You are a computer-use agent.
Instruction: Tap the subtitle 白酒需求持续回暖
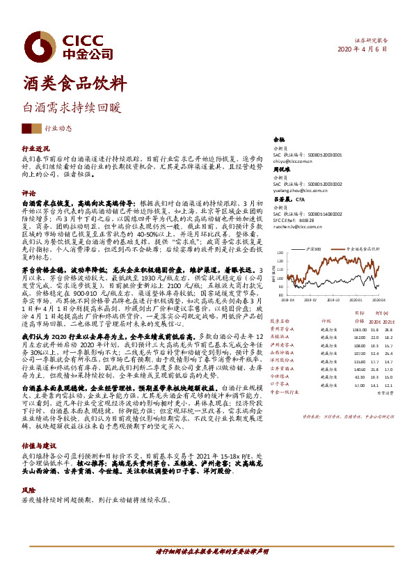(x=72, y=108)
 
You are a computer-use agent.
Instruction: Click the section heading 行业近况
(x=35, y=149)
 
